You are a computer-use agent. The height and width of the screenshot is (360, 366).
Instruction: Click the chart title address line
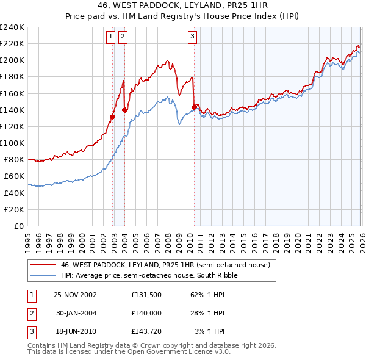(x=183, y=5)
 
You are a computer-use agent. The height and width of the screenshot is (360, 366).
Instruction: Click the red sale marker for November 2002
(x=113, y=117)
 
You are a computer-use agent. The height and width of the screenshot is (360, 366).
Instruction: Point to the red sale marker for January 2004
(x=125, y=110)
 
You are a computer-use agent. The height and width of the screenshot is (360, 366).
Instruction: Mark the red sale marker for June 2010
(x=194, y=107)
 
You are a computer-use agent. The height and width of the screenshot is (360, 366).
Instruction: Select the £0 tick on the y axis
(x=19, y=226)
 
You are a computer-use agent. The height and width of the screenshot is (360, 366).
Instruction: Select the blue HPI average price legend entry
(x=148, y=275)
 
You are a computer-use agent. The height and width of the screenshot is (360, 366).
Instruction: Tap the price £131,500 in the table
(x=146, y=294)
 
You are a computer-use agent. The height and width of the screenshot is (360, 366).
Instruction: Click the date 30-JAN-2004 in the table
(x=75, y=313)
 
